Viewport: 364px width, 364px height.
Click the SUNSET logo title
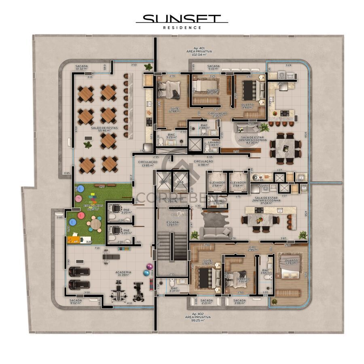click(182, 19)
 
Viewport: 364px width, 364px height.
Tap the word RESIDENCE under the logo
click(182, 28)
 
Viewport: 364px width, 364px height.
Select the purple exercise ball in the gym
click(150, 267)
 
